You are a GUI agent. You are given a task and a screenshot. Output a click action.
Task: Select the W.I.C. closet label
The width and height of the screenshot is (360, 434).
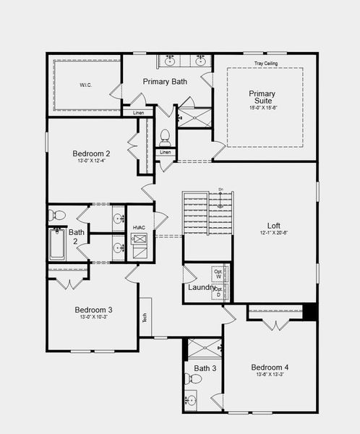pyautogui.click(x=86, y=85)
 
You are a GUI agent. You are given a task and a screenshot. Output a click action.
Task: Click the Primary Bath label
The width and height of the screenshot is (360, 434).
pyautogui.click(x=165, y=82)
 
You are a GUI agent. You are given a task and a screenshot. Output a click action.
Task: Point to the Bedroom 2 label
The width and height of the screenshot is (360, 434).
pyautogui.click(x=91, y=154)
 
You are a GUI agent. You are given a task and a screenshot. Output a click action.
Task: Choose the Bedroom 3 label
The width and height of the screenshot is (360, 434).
pyautogui.click(x=93, y=310)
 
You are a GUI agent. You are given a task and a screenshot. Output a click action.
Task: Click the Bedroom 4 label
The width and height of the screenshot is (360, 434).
pyautogui.click(x=270, y=367)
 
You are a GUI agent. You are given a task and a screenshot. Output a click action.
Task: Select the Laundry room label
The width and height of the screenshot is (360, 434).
pyautogui.click(x=202, y=288)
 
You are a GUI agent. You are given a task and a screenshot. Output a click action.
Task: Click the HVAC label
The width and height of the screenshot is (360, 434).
pyautogui.click(x=139, y=228)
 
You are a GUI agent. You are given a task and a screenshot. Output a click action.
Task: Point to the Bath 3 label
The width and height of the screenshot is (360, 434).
pyautogui.click(x=205, y=369)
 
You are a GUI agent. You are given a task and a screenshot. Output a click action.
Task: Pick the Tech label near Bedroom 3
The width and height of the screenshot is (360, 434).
pyautogui.click(x=145, y=316)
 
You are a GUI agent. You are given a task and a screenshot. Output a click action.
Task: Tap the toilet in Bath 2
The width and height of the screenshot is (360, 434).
pyautogui.click(x=58, y=215)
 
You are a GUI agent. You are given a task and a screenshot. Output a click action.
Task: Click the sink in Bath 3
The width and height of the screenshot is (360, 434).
pyautogui.click(x=190, y=399)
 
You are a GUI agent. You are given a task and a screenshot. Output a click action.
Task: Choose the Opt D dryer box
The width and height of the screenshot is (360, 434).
pyautogui.click(x=218, y=292)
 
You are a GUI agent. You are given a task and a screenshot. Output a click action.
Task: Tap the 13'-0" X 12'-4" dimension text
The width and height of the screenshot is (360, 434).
pyautogui.click(x=91, y=162)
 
